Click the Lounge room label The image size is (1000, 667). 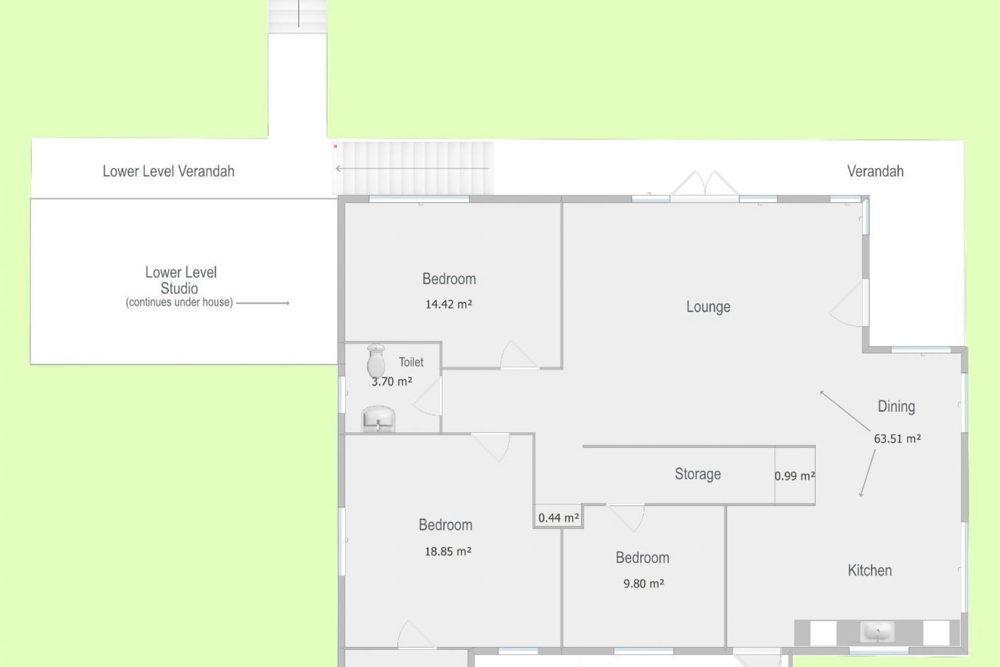(x=708, y=306)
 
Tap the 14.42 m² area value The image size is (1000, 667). (x=448, y=304)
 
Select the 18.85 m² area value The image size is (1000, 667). (x=448, y=551)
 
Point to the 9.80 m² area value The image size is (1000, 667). (x=644, y=584)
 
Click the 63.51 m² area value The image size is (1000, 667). (x=897, y=439)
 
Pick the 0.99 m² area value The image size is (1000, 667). (x=794, y=476)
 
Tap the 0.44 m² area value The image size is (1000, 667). (x=558, y=518)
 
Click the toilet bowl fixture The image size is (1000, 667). (x=376, y=360)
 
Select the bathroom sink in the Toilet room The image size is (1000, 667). (x=378, y=419)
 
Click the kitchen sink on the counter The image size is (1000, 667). (x=878, y=632)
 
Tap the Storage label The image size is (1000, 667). (x=698, y=474)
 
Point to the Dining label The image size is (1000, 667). (x=896, y=406)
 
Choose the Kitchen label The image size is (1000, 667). (x=870, y=571)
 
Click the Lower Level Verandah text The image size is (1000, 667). (x=168, y=171)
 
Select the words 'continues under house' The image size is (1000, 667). (x=179, y=302)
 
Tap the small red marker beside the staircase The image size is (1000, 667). (x=335, y=146)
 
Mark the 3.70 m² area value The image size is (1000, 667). (x=392, y=381)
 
